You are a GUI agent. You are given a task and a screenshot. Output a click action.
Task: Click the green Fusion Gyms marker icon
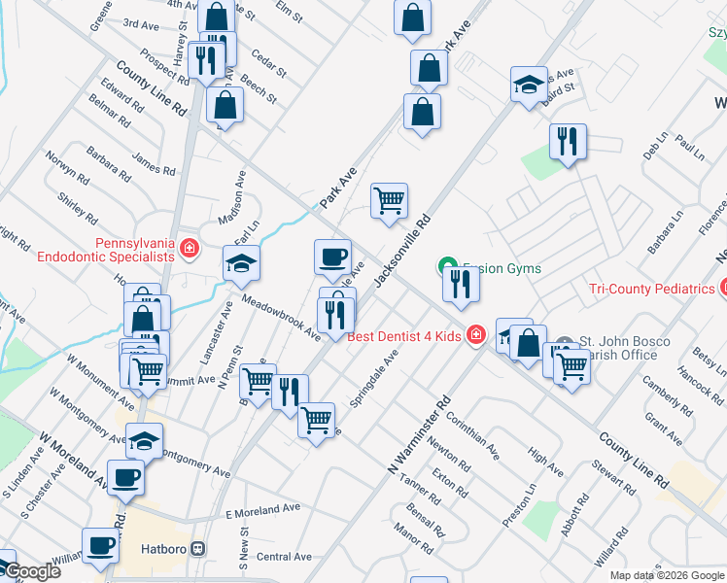tap(448, 264)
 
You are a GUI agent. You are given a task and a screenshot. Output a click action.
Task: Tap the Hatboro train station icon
tap(199, 548)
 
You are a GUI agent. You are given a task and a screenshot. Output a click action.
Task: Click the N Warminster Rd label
tap(420, 434)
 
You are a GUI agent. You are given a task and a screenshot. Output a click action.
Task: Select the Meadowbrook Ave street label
tap(282, 318)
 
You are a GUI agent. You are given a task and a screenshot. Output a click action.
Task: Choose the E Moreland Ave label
tap(262, 510)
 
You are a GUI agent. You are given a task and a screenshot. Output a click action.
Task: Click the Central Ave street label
tap(285, 557)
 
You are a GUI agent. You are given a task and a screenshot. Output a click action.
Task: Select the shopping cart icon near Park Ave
tap(390, 200)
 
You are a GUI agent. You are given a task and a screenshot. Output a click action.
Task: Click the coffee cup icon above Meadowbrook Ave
tap(332, 257)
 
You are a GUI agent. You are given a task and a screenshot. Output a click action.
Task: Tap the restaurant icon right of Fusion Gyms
tap(459, 284)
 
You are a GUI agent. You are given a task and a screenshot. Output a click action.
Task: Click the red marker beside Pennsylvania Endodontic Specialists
tap(190, 250)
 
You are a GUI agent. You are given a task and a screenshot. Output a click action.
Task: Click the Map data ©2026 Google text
tap(666, 575)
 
